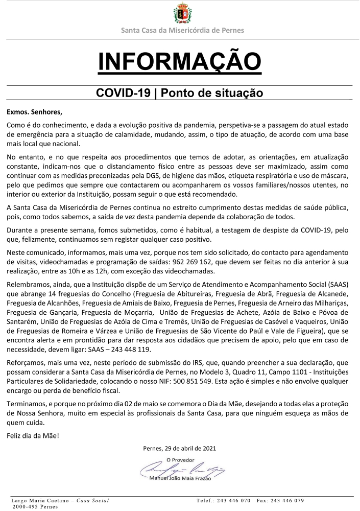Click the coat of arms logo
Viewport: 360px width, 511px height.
point(182,13)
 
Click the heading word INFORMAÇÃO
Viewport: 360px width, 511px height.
point(180,61)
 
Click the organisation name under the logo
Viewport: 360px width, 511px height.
point(182,30)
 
